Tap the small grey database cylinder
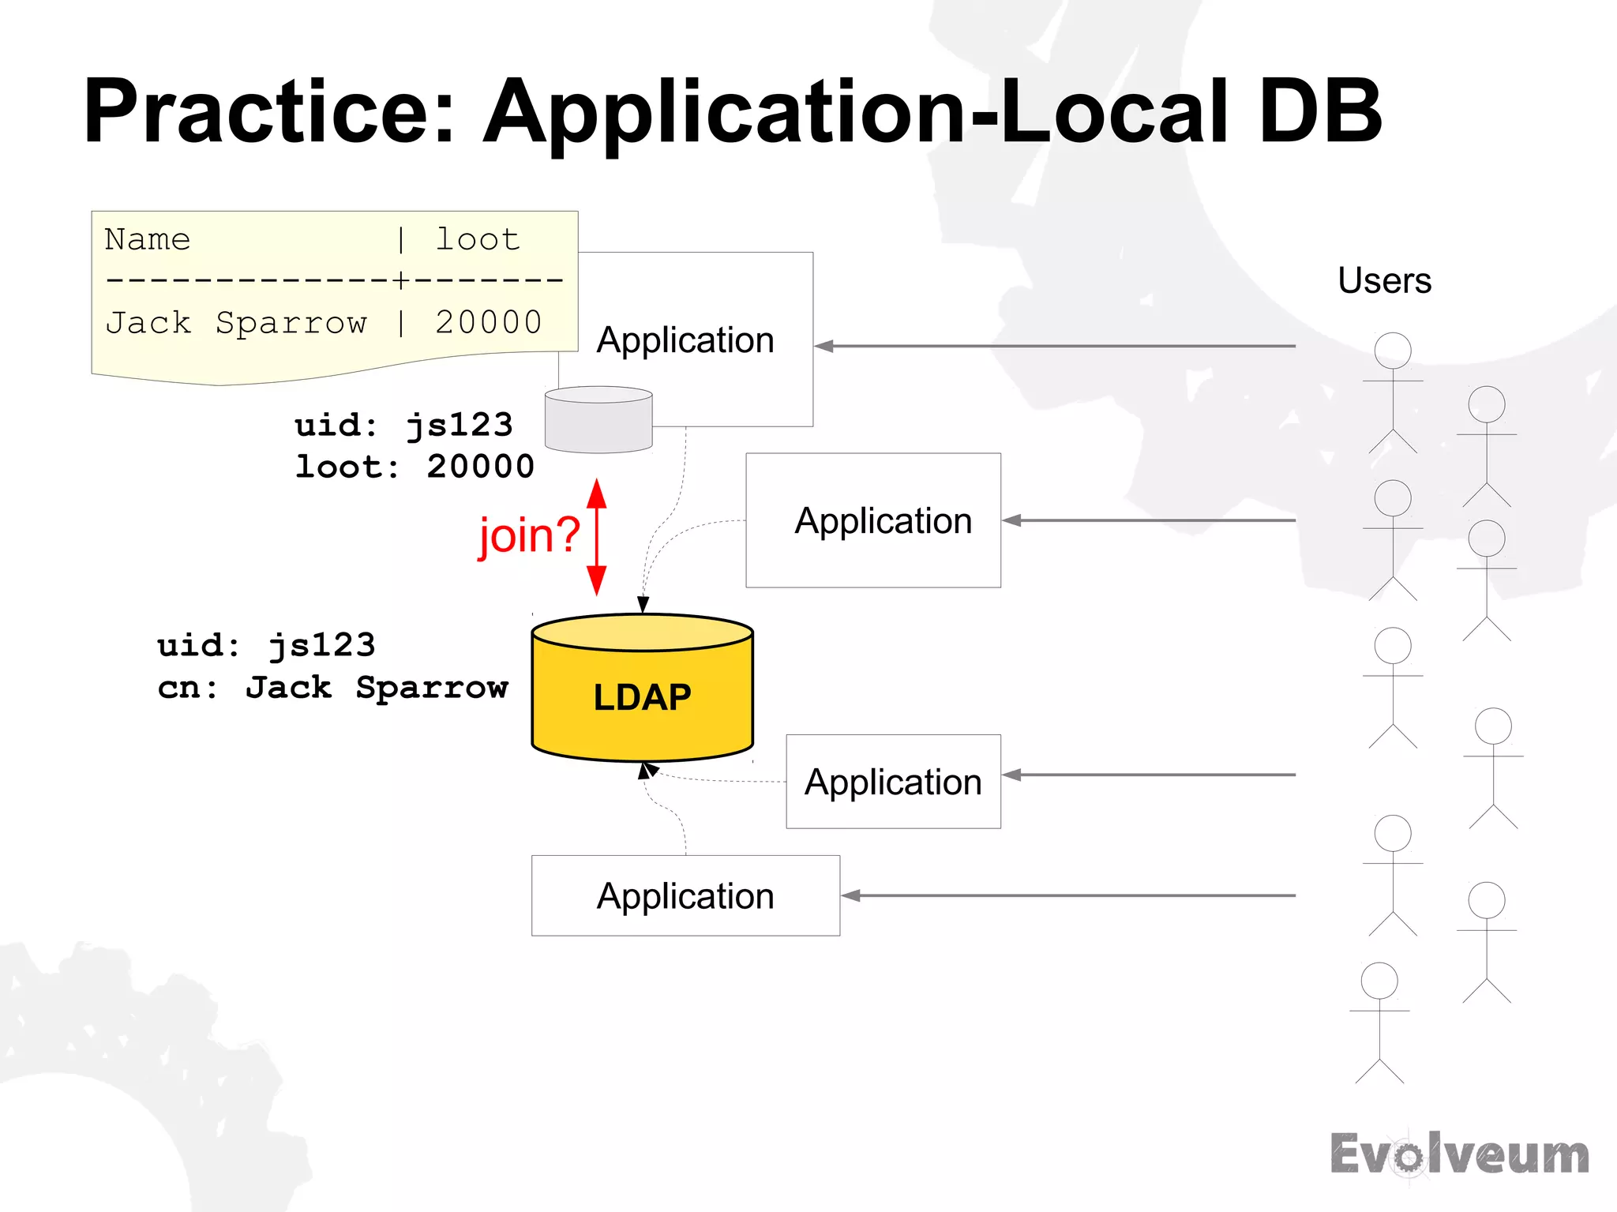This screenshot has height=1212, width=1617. [598, 420]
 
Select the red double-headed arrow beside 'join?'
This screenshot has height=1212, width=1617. [597, 537]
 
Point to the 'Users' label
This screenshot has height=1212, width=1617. [1384, 280]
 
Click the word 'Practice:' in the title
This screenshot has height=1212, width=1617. [269, 111]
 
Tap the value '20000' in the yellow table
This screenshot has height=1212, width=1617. [488, 322]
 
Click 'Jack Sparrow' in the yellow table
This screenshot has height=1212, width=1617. [236, 322]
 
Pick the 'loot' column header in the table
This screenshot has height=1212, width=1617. [478, 239]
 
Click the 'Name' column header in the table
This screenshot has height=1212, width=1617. [148, 239]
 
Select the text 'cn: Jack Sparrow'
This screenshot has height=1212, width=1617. [332, 687]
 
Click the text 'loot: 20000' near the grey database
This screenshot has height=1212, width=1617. [415, 467]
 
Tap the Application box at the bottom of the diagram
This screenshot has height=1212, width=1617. [685, 895]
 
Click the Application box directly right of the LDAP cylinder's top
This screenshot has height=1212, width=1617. [873, 520]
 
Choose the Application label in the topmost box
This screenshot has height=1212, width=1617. [685, 340]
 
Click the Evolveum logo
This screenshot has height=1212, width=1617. [1459, 1154]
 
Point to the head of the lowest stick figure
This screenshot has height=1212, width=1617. [1379, 981]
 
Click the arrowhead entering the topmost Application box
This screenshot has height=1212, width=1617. [824, 346]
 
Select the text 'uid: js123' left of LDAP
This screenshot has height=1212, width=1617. [266, 645]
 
